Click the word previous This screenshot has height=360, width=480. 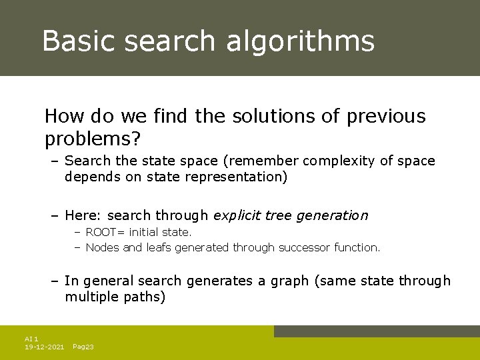click(x=386, y=117)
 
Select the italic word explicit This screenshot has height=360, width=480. click(x=237, y=216)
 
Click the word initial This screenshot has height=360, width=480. click(x=144, y=233)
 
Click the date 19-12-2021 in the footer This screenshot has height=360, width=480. click(x=44, y=347)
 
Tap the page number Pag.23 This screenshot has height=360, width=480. click(x=83, y=347)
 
